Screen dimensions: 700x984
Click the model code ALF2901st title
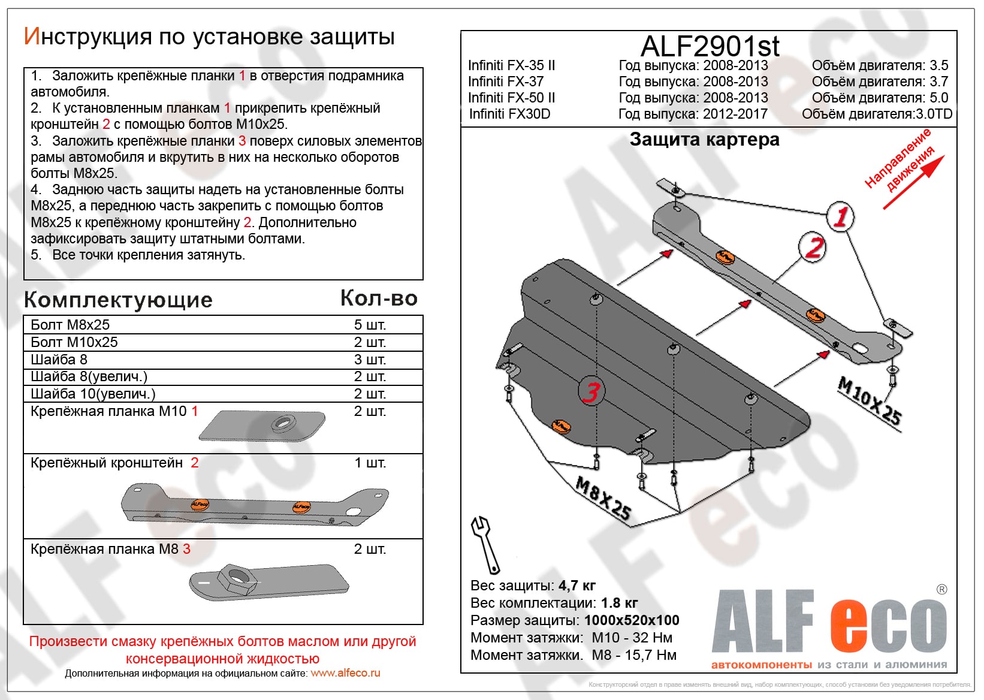(710, 46)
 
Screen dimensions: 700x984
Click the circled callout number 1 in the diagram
(840, 216)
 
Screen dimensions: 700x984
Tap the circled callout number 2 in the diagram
(813, 247)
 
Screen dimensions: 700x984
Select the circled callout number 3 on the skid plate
(591, 392)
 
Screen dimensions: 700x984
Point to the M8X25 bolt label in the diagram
(603, 497)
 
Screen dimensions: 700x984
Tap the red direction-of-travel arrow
(914, 182)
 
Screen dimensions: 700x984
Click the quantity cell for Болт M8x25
(370, 325)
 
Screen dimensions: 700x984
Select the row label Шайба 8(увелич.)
(89, 376)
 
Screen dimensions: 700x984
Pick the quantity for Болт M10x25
(370, 342)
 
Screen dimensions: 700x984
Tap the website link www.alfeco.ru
(345, 673)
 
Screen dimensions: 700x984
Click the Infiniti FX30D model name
(509, 114)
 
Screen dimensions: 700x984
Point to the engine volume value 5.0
(938, 98)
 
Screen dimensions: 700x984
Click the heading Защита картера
(704, 140)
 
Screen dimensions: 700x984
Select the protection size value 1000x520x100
(632, 620)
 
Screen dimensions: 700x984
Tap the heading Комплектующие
(118, 300)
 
